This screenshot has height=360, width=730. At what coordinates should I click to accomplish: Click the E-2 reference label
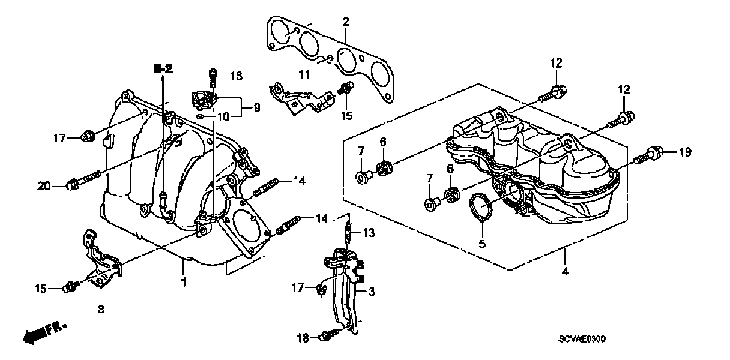[x=163, y=68]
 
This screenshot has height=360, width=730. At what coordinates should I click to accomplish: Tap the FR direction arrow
[x=44, y=332]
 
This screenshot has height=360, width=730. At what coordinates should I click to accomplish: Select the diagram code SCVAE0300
[x=582, y=339]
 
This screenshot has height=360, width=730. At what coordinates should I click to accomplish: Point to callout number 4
[x=565, y=271]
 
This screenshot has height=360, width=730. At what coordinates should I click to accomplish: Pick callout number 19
[x=685, y=152]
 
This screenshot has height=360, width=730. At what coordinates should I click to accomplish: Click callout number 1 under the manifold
[x=184, y=282]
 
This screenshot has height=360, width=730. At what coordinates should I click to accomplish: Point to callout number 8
[x=101, y=308]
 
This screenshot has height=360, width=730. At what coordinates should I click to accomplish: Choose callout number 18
[x=303, y=338]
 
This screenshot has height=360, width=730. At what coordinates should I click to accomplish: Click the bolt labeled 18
[x=330, y=335]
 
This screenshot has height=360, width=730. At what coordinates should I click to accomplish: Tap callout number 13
[x=369, y=233]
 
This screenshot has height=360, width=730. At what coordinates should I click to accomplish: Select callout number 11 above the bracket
[x=304, y=74]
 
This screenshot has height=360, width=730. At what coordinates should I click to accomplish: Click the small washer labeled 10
[x=200, y=116]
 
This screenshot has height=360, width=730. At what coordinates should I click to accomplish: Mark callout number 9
[x=257, y=107]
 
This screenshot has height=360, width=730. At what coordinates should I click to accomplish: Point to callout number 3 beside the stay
[x=371, y=292]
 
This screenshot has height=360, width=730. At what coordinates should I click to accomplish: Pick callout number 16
[x=237, y=76]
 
